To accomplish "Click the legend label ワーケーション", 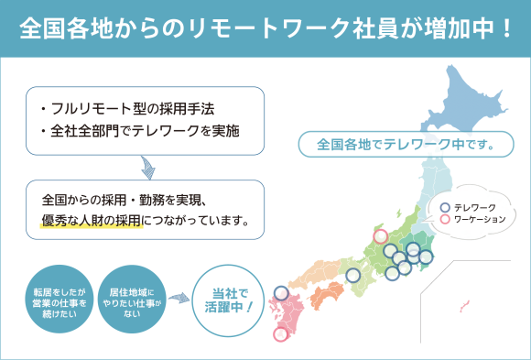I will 480,220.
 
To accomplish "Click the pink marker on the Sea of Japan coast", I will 380,236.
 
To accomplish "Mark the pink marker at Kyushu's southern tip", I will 280,334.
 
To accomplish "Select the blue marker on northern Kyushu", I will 281,293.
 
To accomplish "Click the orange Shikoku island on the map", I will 328,296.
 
